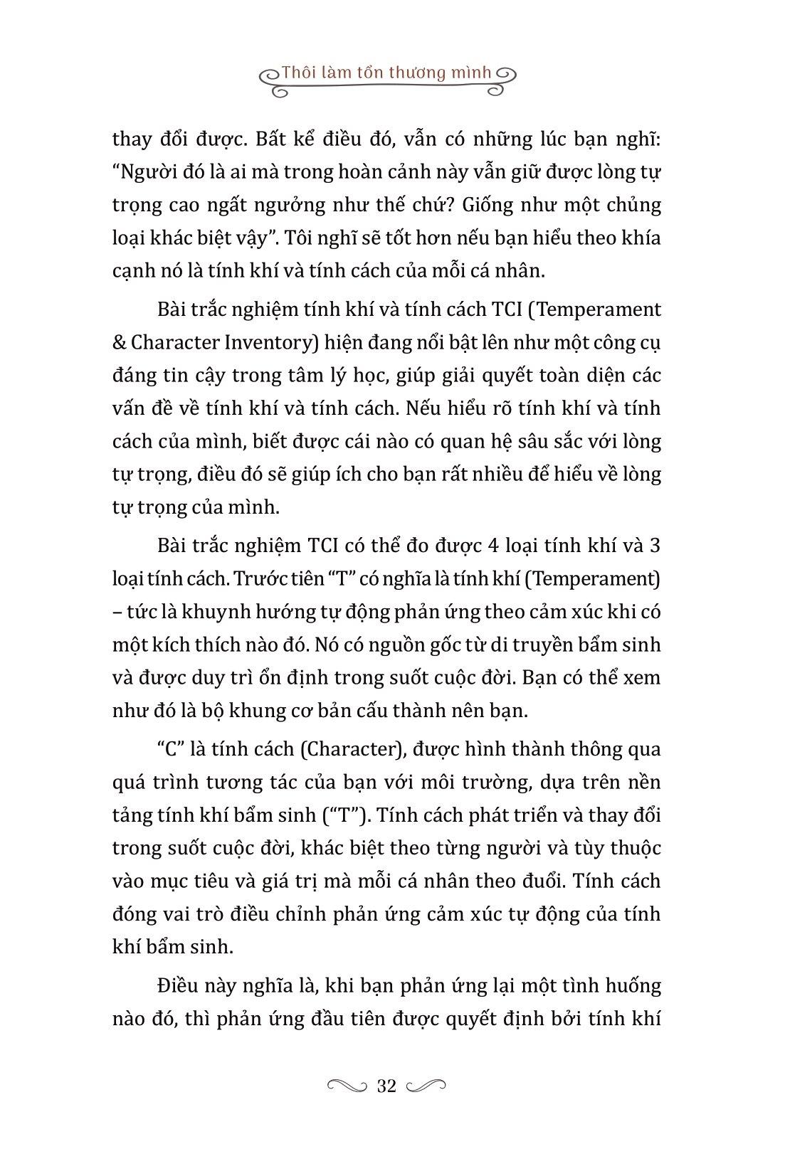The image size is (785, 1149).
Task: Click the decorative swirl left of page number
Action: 347,1086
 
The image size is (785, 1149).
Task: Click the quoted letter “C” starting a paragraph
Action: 169,749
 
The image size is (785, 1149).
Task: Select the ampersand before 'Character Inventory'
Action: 120,343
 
